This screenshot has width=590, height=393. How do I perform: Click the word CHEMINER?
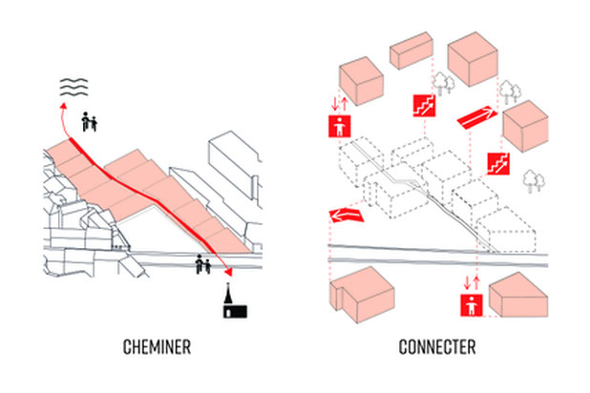tap(157, 347)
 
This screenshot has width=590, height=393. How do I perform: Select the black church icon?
tap(231, 302)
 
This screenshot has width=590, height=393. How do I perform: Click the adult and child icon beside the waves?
tap(91, 121)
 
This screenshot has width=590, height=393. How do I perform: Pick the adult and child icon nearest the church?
tap(202, 264)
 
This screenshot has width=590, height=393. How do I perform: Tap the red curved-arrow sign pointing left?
tap(346, 217)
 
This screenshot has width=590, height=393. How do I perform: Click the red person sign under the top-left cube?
tap(338, 128)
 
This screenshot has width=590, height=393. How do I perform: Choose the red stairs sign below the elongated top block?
tap(423, 106)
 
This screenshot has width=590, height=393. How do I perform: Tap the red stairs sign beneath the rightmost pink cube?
tap(497, 163)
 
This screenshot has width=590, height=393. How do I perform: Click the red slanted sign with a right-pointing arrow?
tap(477, 117)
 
